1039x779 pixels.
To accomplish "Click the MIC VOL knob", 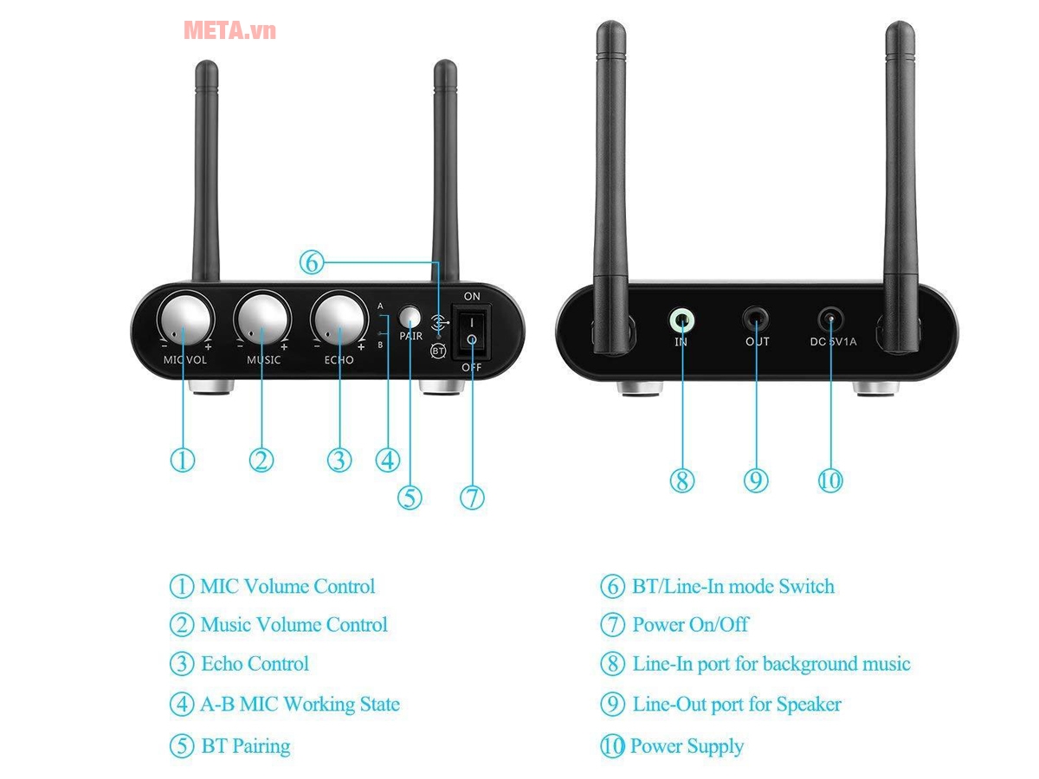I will pyautogui.click(x=184, y=319).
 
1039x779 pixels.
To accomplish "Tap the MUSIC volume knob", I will pyautogui.click(x=262, y=319).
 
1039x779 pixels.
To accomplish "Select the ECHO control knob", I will pyautogui.click(x=339, y=319).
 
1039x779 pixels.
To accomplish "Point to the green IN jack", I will pyautogui.click(x=682, y=320).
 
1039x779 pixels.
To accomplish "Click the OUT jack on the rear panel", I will pyautogui.click(x=757, y=320).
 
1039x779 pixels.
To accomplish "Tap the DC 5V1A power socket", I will pyautogui.click(x=831, y=320).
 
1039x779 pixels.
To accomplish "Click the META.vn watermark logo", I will pyautogui.click(x=229, y=30).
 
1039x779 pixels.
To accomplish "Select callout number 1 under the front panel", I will pyautogui.click(x=182, y=460).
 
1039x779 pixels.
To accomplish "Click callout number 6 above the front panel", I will pyautogui.click(x=312, y=261).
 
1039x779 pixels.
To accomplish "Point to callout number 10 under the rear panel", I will pyautogui.click(x=830, y=480).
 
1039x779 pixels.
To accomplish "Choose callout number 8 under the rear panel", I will pyautogui.click(x=682, y=480).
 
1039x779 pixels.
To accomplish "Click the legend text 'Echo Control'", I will pyautogui.click(x=255, y=664).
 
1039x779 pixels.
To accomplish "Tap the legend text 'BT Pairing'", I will pyautogui.click(x=246, y=746).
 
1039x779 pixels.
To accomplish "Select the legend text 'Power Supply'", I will pyautogui.click(x=687, y=746).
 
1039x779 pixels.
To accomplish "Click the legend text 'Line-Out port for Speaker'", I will pyautogui.click(x=737, y=705).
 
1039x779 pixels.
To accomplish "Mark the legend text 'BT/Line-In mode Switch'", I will pyautogui.click(x=733, y=586).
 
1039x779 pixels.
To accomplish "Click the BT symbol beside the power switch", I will pyautogui.click(x=438, y=351).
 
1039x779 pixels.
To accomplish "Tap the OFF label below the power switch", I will pyautogui.click(x=472, y=367).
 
